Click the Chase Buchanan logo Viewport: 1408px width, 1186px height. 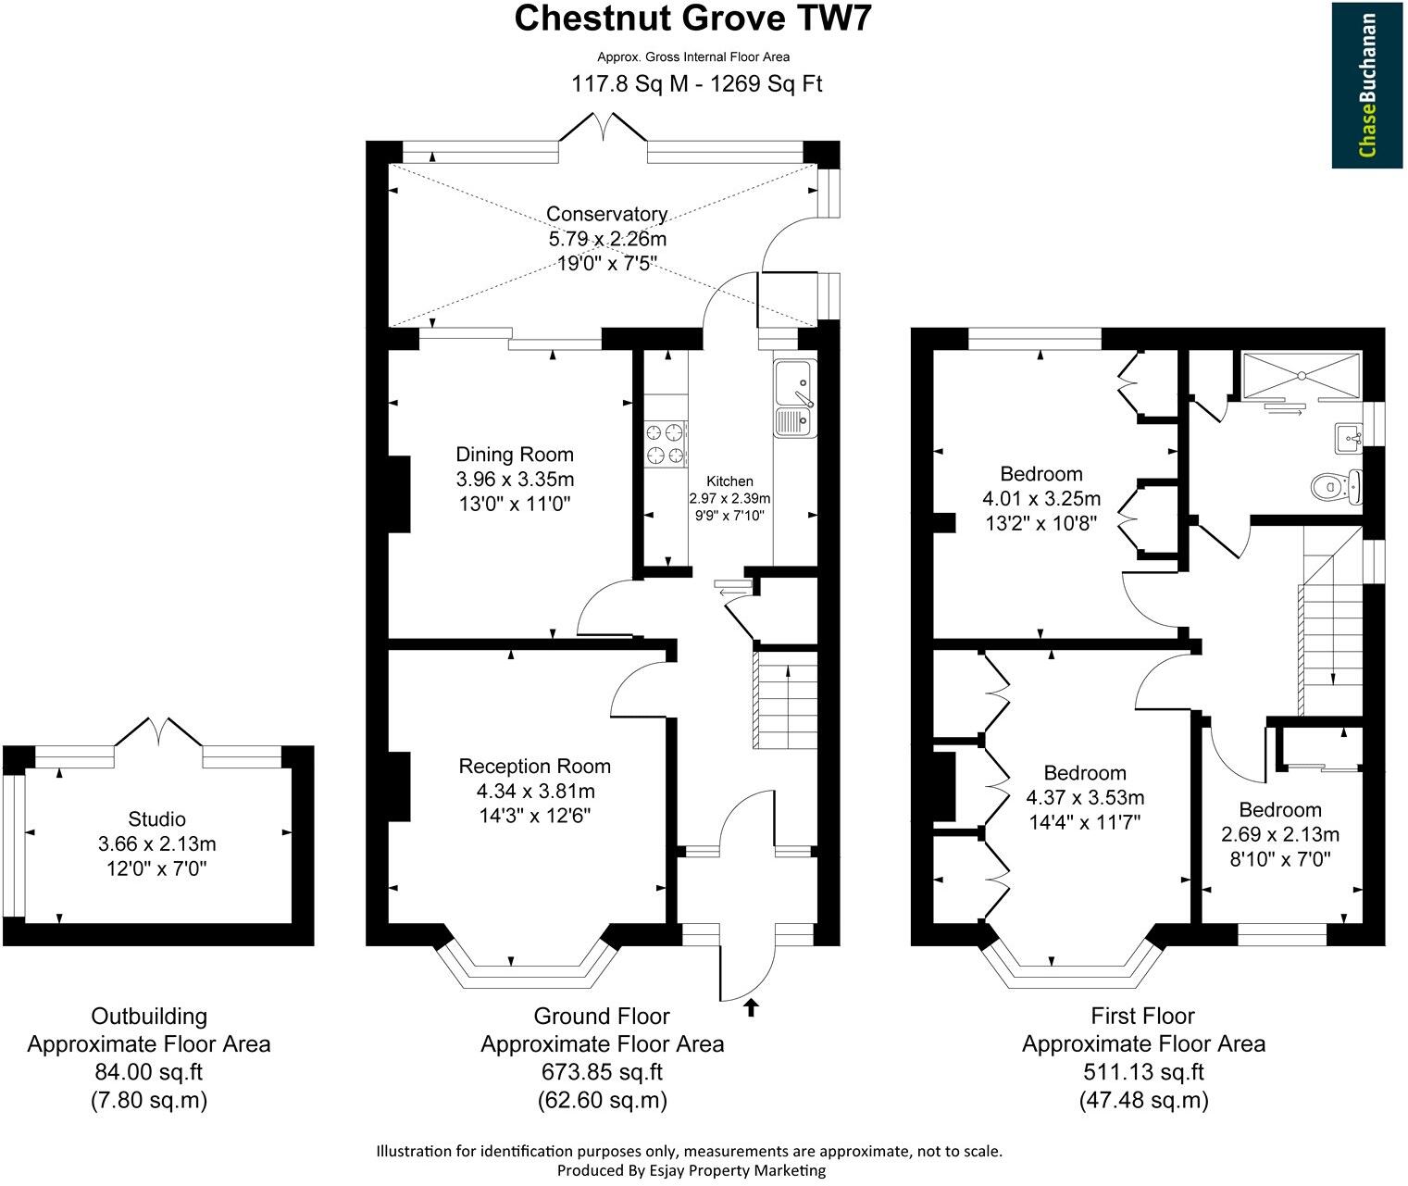point(1368,85)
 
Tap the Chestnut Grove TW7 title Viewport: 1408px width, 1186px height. point(692,19)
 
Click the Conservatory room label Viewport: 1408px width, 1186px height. point(606,214)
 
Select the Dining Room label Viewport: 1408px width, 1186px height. point(515,455)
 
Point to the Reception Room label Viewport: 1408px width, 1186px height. point(535,766)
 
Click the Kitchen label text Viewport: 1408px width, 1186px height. point(729,481)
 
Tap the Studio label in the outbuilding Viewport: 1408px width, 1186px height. point(156,818)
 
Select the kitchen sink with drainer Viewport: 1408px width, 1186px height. point(793,398)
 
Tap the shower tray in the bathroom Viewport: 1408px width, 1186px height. point(1301,375)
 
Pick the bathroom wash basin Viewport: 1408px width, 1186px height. point(1347,437)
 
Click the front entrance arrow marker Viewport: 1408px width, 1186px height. point(750,1008)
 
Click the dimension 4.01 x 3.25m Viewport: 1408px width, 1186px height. point(1041,499)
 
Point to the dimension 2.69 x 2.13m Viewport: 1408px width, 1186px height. point(1280,834)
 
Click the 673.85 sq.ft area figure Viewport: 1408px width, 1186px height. point(602,1072)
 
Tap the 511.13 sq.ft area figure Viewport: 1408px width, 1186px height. point(1143,1072)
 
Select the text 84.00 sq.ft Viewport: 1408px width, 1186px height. point(148,1072)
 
